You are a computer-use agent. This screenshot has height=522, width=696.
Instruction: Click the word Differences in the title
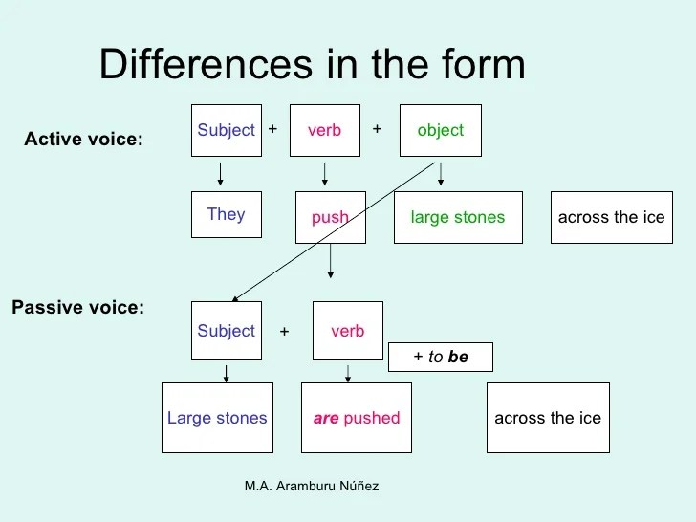tap(197, 65)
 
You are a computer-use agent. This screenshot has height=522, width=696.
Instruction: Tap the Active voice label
tap(83, 140)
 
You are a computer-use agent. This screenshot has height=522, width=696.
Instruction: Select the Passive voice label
tap(77, 308)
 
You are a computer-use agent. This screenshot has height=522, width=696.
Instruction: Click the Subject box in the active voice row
tap(227, 130)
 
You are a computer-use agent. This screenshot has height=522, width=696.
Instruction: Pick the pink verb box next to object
tap(325, 130)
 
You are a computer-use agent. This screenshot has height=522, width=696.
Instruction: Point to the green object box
tap(440, 130)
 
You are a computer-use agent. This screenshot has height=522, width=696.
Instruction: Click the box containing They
tap(227, 215)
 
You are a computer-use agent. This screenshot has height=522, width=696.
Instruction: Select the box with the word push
tap(330, 218)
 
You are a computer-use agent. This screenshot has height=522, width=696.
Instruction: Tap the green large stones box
tap(458, 217)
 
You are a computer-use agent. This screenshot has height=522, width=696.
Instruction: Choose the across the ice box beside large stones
tap(611, 217)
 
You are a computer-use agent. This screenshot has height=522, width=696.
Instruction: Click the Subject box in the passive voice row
tap(227, 331)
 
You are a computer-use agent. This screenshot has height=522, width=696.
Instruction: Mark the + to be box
tap(441, 357)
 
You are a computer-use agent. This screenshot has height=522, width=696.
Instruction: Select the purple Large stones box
tap(217, 418)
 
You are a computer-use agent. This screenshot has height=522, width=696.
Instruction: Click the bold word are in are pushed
tap(326, 419)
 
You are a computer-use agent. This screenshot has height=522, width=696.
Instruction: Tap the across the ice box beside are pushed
tap(548, 418)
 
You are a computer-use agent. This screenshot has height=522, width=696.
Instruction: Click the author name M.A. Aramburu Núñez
tap(312, 487)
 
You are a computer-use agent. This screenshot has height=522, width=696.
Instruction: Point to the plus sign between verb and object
tap(377, 127)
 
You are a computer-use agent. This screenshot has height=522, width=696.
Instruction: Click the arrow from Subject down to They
tap(221, 173)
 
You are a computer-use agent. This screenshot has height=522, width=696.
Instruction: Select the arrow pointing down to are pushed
tap(347, 371)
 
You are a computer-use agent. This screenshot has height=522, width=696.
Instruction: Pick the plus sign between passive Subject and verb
tap(284, 332)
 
